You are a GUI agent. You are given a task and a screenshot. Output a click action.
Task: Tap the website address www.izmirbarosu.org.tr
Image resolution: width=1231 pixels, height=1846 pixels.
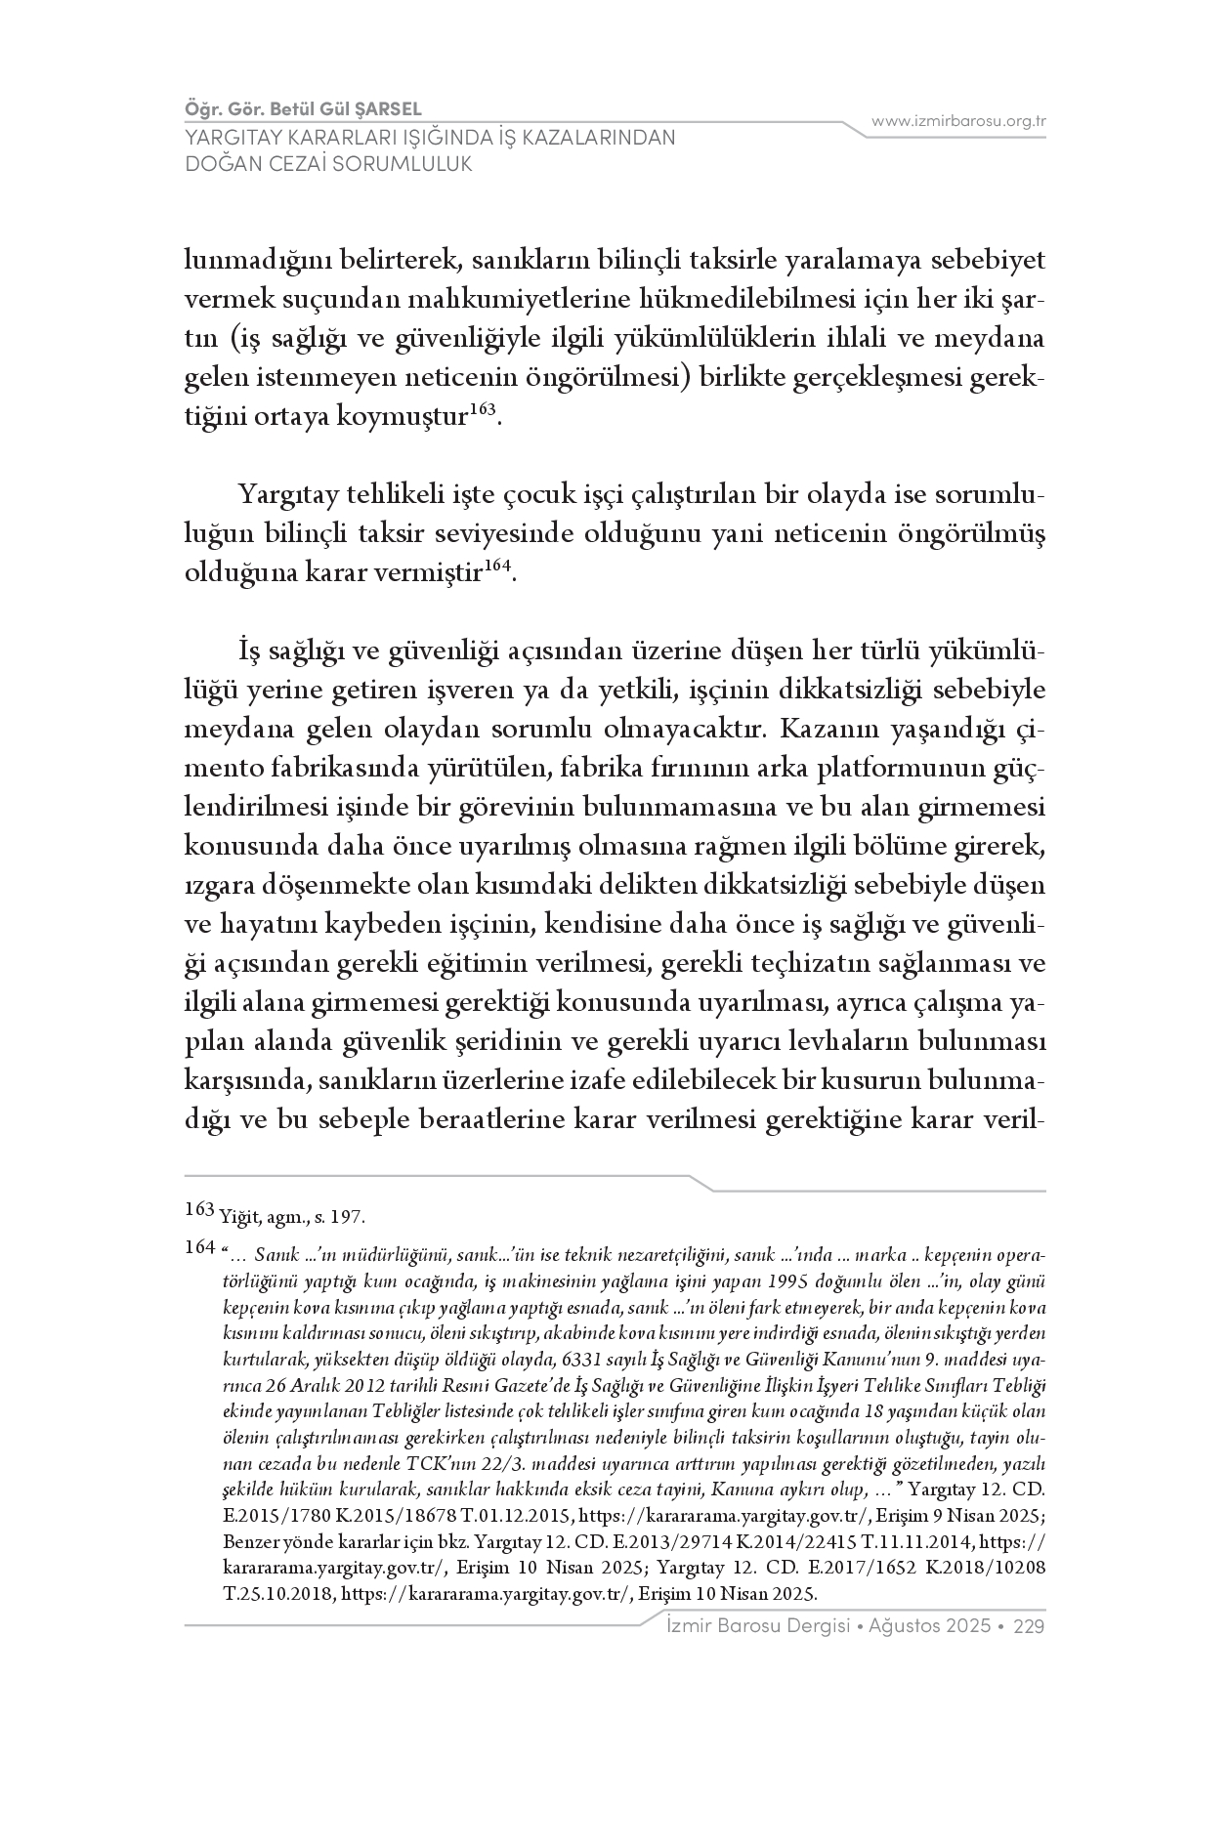coord(958,121)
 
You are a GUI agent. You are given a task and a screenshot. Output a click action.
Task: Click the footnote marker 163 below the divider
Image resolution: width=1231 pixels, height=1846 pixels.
coord(199,1212)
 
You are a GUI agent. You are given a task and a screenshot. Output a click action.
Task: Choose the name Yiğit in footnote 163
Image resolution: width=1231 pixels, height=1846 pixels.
coord(238,1218)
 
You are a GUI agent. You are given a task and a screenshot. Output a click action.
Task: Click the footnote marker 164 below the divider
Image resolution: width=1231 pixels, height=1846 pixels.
coord(199,1247)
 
